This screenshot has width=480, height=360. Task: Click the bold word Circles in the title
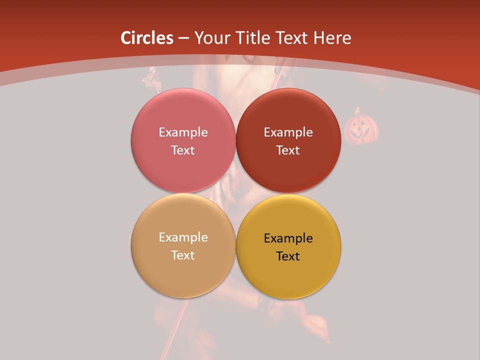coord(146,38)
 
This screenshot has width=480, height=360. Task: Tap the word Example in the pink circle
coord(183,132)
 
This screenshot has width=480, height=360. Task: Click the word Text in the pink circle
coord(183,150)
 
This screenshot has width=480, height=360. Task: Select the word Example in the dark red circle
coord(288,132)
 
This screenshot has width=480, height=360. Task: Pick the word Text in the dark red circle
coord(288,150)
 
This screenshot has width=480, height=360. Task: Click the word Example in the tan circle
coord(183,237)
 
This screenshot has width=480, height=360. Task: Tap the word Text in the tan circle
coord(183,255)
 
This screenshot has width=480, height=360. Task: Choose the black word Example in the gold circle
coord(288,238)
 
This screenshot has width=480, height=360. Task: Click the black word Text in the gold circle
coord(288,256)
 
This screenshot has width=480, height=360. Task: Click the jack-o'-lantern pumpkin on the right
coord(361,129)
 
